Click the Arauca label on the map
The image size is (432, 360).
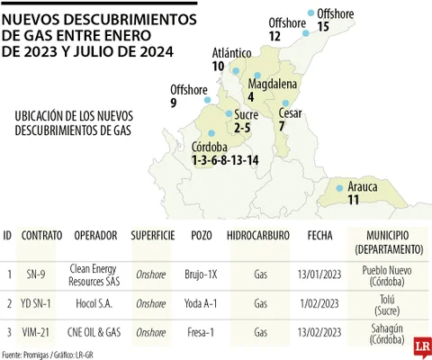point(362,186)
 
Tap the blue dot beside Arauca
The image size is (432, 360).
point(339,188)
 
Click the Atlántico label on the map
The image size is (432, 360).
point(231,53)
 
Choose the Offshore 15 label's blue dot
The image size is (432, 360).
point(311,13)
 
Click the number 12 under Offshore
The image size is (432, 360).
point(274,36)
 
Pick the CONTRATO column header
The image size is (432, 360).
point(41,235)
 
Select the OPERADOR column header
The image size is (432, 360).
point(95,235)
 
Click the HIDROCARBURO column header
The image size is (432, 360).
point(261,235)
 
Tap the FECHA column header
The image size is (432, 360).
point(319,235)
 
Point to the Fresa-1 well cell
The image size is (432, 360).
point(202,333)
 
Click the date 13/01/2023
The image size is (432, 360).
point(319,274)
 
